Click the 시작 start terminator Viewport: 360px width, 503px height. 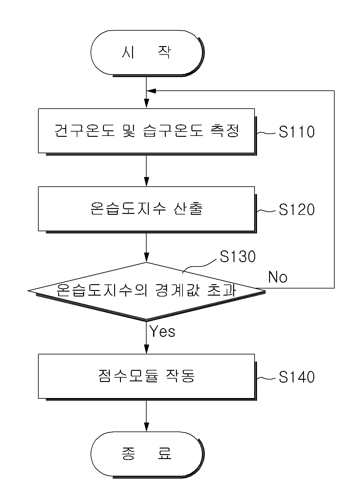[148, 53]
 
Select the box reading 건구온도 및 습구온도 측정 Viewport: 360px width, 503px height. [147, 132]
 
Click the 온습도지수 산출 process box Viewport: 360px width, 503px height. [147, 210]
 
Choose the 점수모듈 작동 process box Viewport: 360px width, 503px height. [147, 377]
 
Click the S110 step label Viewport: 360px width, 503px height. [297, 132]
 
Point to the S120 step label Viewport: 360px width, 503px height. [297, 210]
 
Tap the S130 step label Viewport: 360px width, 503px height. [238, 256]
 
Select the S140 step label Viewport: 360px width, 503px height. [297, 377]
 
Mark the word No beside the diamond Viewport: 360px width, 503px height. [278, 277]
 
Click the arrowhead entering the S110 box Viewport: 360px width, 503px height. [146, 104]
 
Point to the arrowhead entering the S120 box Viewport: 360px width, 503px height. [146, 182]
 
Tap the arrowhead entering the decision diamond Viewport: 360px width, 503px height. [146, 258]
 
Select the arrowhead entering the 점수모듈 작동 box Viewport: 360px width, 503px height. [146, 349]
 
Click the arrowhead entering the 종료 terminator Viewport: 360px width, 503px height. [146, 427]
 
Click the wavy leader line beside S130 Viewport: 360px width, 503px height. [199, 266]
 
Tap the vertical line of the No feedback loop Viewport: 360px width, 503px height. [334, 189]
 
